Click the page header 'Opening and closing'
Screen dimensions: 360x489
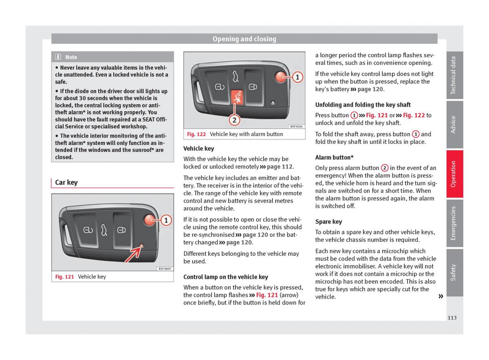pyautogui.click(x=244, y=39)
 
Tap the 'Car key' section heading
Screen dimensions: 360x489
pyautogui.click(x=66, y=182)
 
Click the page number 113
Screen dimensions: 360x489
pyautogui.click(x=452, y=318)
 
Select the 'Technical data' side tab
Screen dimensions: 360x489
pyautogui.click(x=454, y=75)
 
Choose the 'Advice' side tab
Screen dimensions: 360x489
pyautogui.click(x=454, y=125)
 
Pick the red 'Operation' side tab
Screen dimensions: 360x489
pyautogui.click(x=454, y=174)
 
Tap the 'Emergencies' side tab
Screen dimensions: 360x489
pyautogui.click(x=454, y=223)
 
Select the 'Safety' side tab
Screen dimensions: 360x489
pyautogui.click(x=454, y=272)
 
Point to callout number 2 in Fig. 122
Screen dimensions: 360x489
pyautogui.click(x=234, y=120)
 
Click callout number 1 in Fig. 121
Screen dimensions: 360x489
pyautogui.click(x=166, y=220)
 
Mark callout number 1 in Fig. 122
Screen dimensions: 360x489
pyautogui.click(x=297, y=77)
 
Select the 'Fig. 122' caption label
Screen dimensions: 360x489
pyautogui.click(x=196, y=134)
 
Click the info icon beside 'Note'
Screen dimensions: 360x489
pyautogui.click(x=58, y=57)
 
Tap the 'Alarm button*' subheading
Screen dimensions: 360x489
pyautogui.click(x=334, y=157)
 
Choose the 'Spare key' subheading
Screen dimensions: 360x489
pyautogui.click(x=328, y=222)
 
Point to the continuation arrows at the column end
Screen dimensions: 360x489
pyautogui.click(x=441, y=296)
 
